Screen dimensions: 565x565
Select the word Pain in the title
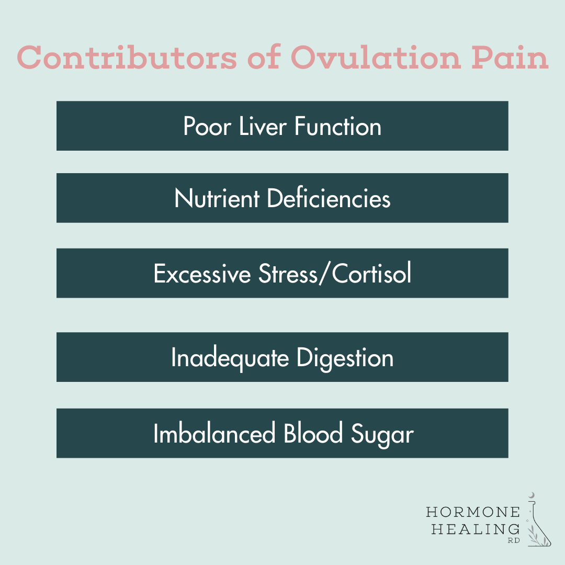(x=510, y=58)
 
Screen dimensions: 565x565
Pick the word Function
(x=338, y=127)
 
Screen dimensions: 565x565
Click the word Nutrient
(x=217, y=199)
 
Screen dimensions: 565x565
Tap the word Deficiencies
(x=329, y=199)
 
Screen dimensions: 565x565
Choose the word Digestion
(x=345, y=358)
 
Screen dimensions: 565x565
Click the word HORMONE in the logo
(x=473, y=511)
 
